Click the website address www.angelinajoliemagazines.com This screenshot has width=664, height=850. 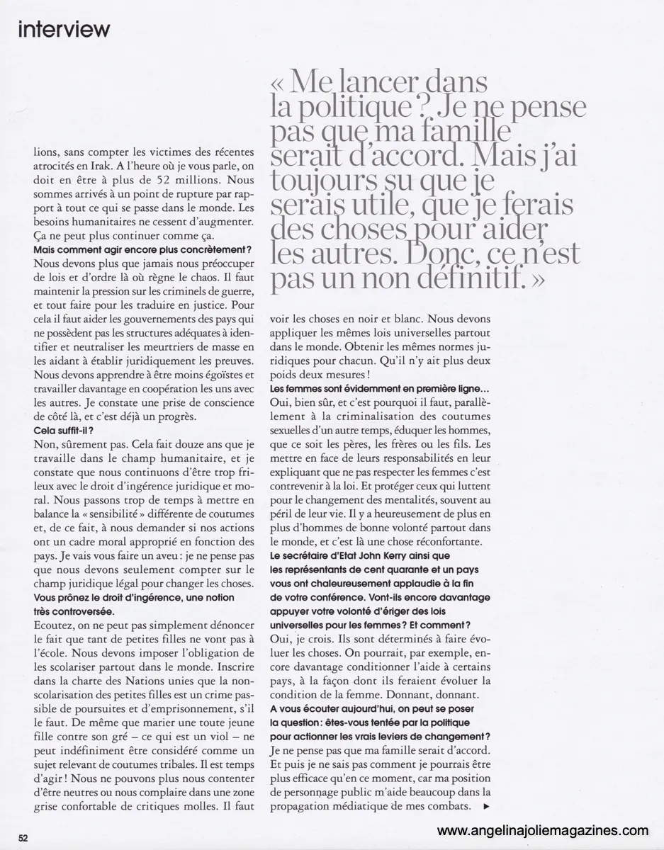point(542,830)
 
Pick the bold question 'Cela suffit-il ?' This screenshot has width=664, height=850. point(64,430)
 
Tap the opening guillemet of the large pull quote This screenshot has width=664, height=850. point(280,84)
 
